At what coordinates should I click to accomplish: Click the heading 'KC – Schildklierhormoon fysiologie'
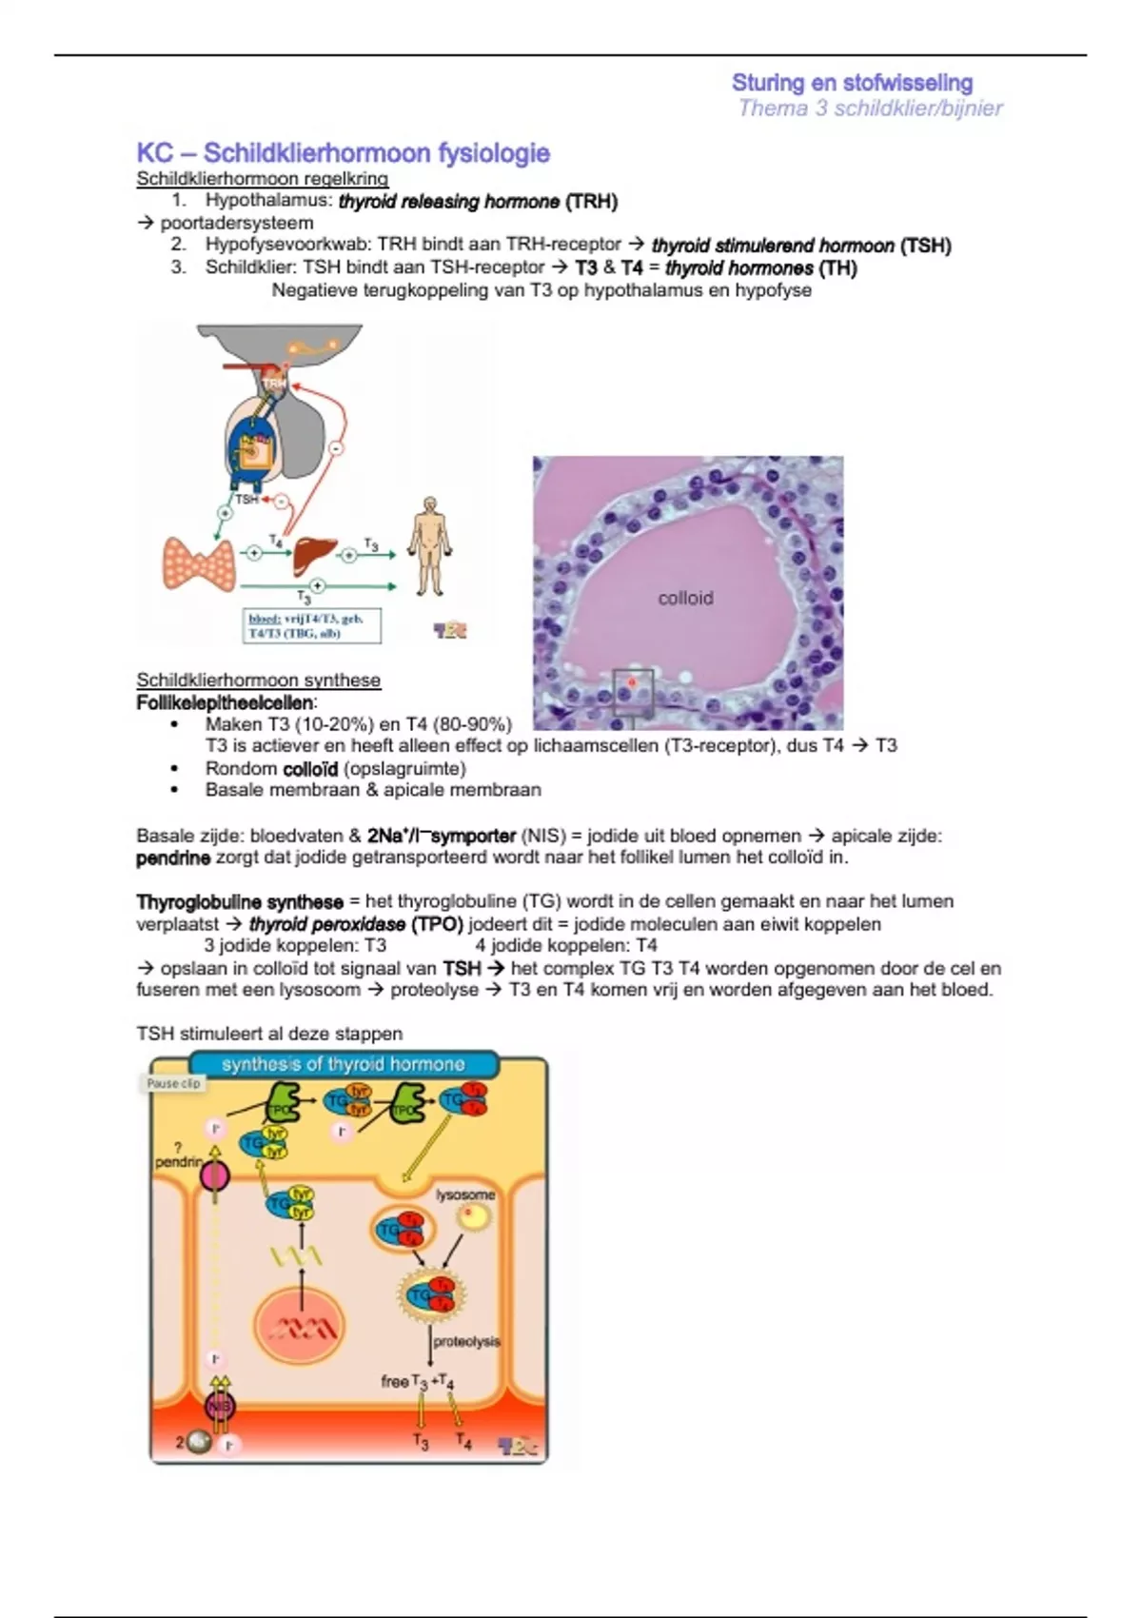[x=343, y=153]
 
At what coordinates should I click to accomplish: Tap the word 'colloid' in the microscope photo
[x=685, y=598]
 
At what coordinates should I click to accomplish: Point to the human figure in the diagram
[x=430, y=546]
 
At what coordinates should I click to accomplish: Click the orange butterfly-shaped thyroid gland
[x=199, y=563]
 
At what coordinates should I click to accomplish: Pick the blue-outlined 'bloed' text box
[x=312, y=625]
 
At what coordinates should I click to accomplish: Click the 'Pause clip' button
[x=173, y=1083]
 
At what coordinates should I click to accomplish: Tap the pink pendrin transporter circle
[x=215, y=1177]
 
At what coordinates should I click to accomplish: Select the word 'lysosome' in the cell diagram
[x=465, y=1194]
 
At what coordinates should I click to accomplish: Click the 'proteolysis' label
[x=466, y=1341]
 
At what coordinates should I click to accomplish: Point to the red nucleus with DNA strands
[x=301, y=1327]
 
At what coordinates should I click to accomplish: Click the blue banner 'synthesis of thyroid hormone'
[x=344, y=1064]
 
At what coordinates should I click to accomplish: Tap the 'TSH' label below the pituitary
[x=246, y=499]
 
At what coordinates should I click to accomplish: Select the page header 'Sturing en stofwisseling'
[x=852, y=83]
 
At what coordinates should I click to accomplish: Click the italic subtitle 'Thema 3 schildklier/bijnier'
[x=870, y=109]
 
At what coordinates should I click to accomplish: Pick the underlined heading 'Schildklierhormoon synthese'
[x=258, y=680]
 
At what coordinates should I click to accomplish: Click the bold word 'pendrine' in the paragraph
[x=173, y=858]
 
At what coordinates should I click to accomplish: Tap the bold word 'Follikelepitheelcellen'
[x=226, y=702]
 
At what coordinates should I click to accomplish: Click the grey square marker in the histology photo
[x=633, y=692]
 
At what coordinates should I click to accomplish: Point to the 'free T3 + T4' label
[x=417, y=1381]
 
